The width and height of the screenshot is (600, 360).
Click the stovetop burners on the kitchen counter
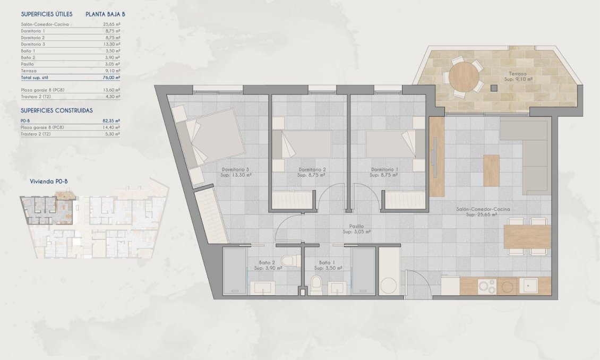(x=487, y=287)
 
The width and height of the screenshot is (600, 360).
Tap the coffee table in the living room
(x=491, y=170)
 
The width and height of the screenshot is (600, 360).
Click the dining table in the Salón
(x=527, y=237)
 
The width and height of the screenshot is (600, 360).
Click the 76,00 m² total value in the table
(x=112, y=78)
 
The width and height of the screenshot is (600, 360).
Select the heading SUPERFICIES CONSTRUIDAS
(x=57, y=110)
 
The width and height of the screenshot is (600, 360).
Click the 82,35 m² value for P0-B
(x=111, y=121)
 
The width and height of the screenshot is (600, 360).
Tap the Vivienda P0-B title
(x=49, y=182)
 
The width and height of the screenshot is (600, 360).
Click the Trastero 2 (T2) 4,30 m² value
(x=112, y=97)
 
